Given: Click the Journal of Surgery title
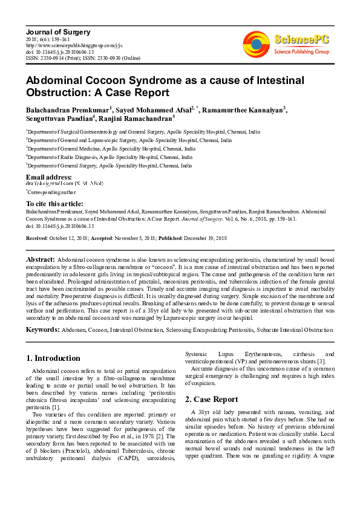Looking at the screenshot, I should pos(58,31).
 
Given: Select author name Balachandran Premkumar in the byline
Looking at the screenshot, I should pos(67,109).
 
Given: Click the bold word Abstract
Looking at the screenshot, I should pos(41,259).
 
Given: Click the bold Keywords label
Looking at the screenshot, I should pos(42,329).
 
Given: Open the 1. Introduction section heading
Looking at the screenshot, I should pos(54,358).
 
